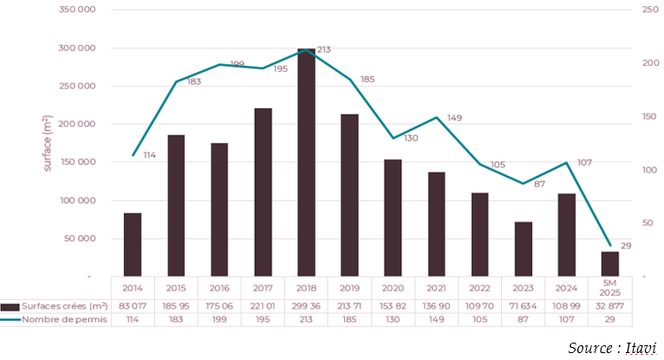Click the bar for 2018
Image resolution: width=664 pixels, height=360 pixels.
(306, 162)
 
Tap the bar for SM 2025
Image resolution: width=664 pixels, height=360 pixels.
(610, 264)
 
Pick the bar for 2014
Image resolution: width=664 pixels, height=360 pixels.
(133, 244)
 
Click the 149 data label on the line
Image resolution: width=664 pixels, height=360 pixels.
(455, 117)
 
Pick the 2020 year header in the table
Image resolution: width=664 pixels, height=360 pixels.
(393, 287)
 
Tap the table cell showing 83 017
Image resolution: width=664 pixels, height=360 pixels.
(133, 306)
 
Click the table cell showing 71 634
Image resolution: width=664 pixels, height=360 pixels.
(523, 306)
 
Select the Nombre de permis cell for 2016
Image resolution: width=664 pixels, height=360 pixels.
(219, 320)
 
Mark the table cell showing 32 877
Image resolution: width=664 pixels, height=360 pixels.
(610, 306)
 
